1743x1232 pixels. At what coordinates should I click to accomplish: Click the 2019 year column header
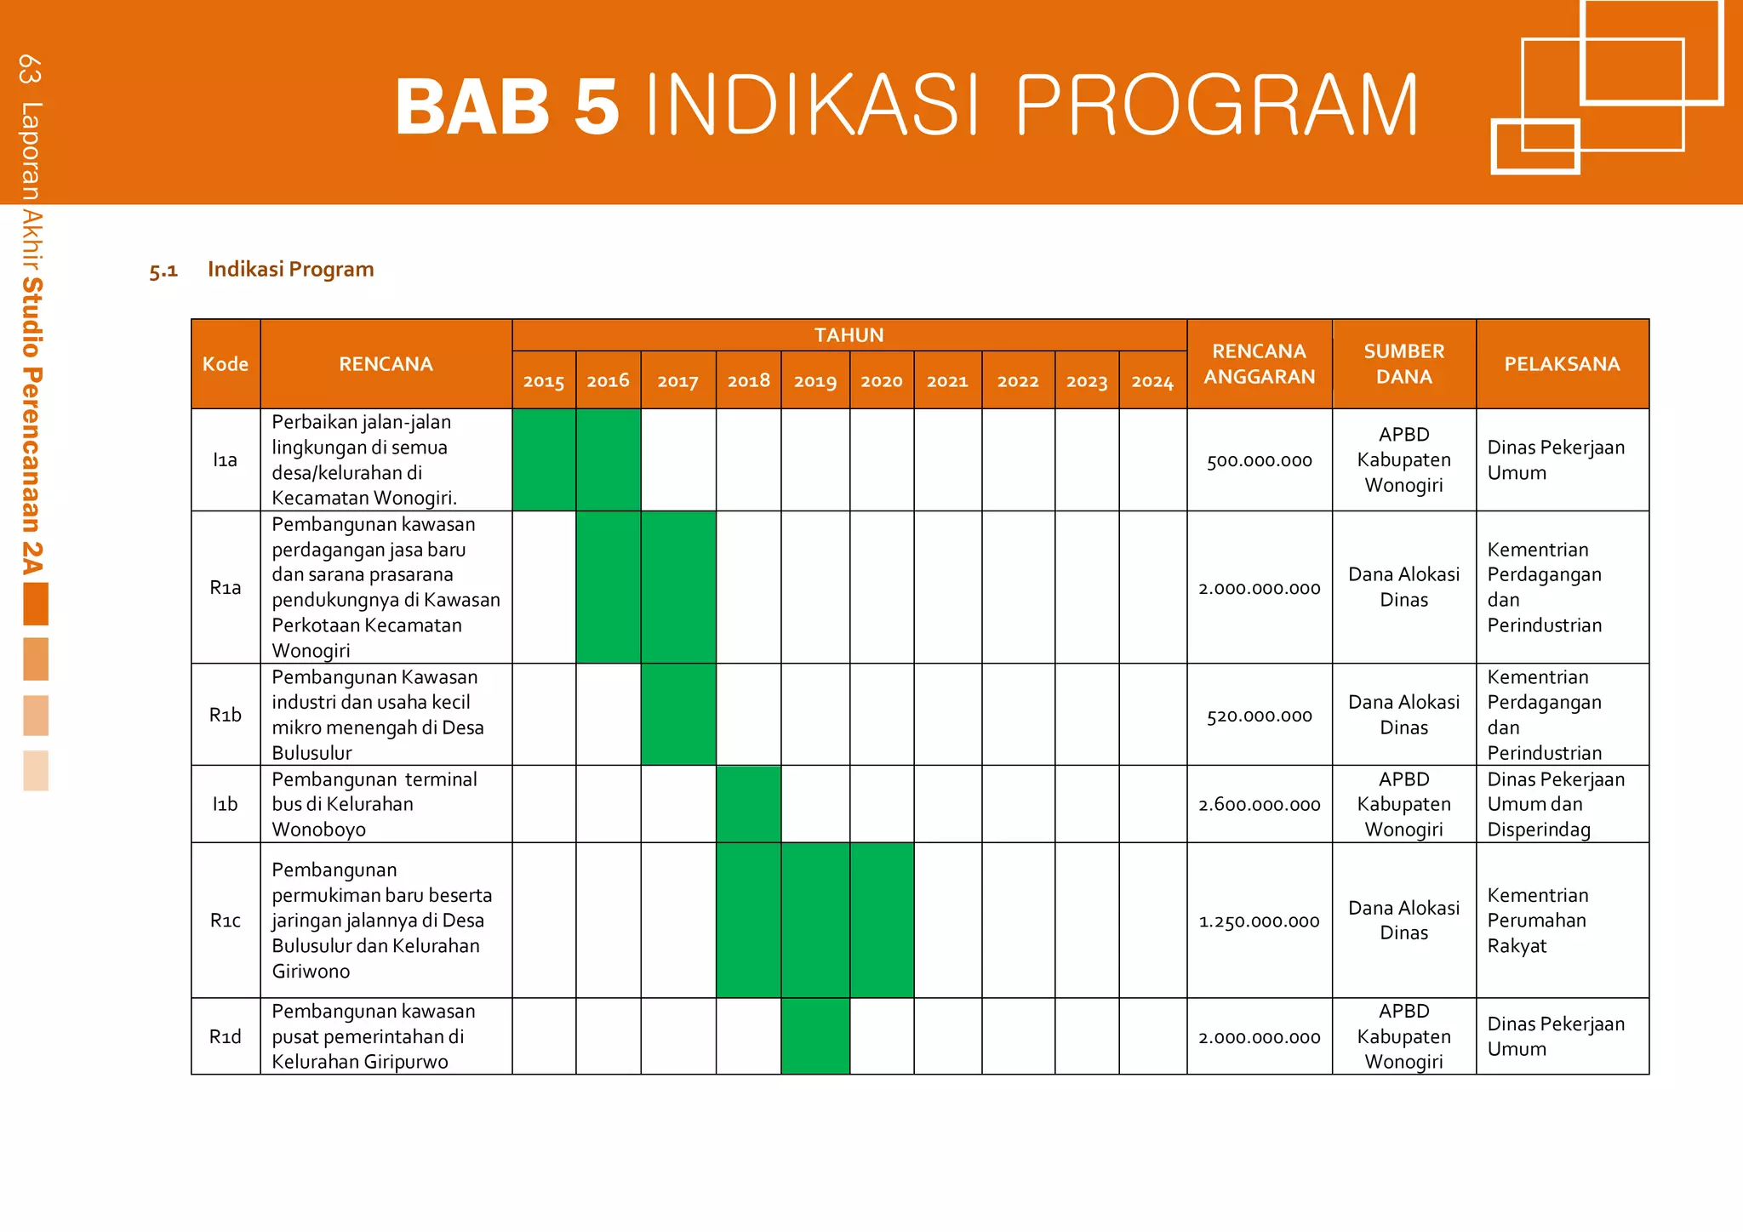point(814,381)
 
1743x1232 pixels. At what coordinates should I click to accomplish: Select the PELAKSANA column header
point(1562,364)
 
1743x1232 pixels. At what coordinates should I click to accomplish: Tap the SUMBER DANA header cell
point(1403,364)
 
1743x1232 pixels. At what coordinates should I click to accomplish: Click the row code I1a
point(226,460)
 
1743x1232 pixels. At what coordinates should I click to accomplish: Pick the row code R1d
point(226,1036)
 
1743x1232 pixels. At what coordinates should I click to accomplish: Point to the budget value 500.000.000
point(1259,461)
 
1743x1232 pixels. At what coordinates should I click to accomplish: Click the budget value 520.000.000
point(1259,716)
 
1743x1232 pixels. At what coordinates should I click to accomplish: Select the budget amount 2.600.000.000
point(1259,805)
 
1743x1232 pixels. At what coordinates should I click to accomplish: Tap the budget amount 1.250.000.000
point(1259,921)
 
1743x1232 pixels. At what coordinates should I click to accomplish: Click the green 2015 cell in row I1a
point(544,460)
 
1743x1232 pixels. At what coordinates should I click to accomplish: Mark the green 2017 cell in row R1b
point(678,715)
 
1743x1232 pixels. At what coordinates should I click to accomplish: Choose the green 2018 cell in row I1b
point(748,804)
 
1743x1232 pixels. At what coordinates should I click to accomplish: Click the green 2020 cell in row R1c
point(882,921)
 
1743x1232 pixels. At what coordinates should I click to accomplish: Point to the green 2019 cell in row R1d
point(814,1036)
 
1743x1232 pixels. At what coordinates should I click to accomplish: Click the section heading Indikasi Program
point(290,270)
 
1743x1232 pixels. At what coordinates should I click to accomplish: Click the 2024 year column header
point(1152,381)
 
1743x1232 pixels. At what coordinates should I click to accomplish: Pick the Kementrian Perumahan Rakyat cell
point(1537,921)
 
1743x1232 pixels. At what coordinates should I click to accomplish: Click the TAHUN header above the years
point(849,335)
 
